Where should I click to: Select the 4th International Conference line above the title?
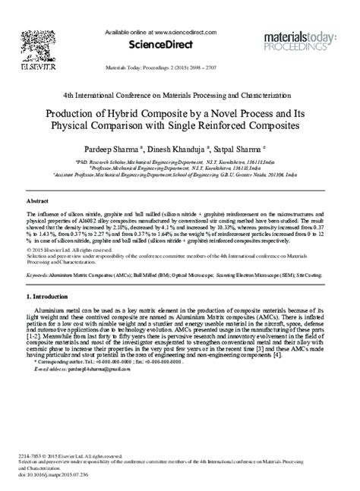click(179, 96)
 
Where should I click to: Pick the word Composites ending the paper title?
click(264, 126)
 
